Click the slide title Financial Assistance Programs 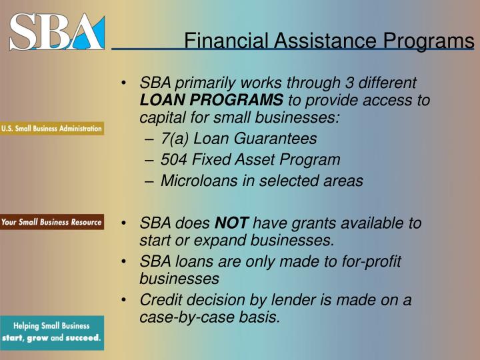point(329,41)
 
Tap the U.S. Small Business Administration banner point(52,129)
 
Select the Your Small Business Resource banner point(52,222)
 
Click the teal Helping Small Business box point(52,332)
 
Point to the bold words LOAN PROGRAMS point(211,101)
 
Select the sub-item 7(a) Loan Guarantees point(239,139)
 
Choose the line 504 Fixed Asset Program point(250,160)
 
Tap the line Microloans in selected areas point(261,181)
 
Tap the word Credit point(160,300)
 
